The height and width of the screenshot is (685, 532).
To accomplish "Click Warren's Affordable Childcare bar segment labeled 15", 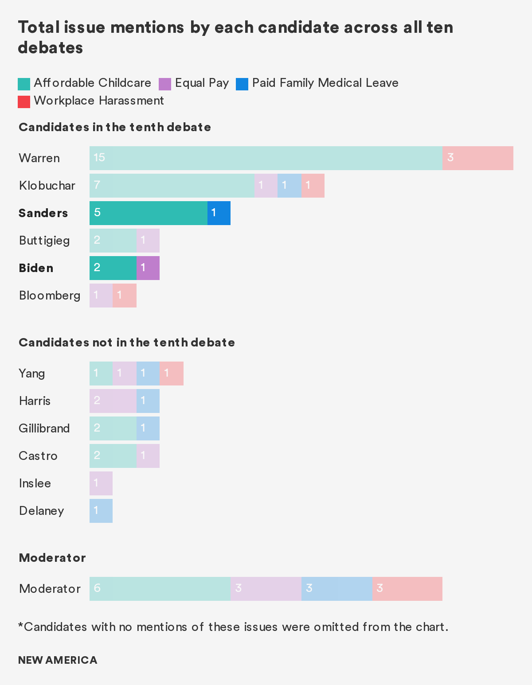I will pos(266,158).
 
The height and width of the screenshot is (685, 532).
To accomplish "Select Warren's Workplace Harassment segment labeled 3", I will pos(477,158).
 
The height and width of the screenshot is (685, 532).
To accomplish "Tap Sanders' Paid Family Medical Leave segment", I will pos(219,213).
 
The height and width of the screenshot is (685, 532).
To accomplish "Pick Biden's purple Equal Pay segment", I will pos(148,268).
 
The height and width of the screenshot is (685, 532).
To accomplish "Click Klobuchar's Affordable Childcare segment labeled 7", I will pos(172,186).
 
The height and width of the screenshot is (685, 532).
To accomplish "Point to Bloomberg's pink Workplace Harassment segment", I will pos(125,296).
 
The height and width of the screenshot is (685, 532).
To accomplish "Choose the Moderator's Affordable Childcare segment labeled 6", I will pos(160,589).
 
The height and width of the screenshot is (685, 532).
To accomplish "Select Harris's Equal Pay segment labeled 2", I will pos(113,401).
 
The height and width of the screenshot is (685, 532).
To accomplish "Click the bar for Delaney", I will pos(101,511).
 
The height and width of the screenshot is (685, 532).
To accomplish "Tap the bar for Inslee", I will pos(101,483).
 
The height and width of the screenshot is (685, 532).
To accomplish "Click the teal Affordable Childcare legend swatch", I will pos(24,84).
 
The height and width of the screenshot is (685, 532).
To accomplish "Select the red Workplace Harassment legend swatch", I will pos(24,101).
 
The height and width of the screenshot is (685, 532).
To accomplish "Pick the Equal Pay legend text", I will pos(202,83).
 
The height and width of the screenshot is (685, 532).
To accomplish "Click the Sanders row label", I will pos(43,213).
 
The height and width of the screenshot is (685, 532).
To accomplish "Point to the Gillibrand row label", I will pos(44,428).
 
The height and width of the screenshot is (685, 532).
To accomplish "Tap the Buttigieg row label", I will pos(44,241).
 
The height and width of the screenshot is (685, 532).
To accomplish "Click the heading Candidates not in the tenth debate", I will pos(127,342).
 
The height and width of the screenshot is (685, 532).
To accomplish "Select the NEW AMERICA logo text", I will pos(58,660).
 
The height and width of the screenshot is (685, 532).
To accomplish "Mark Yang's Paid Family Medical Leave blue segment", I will pos(148,374).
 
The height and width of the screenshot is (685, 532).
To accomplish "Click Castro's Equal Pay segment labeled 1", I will pos(148,456).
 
